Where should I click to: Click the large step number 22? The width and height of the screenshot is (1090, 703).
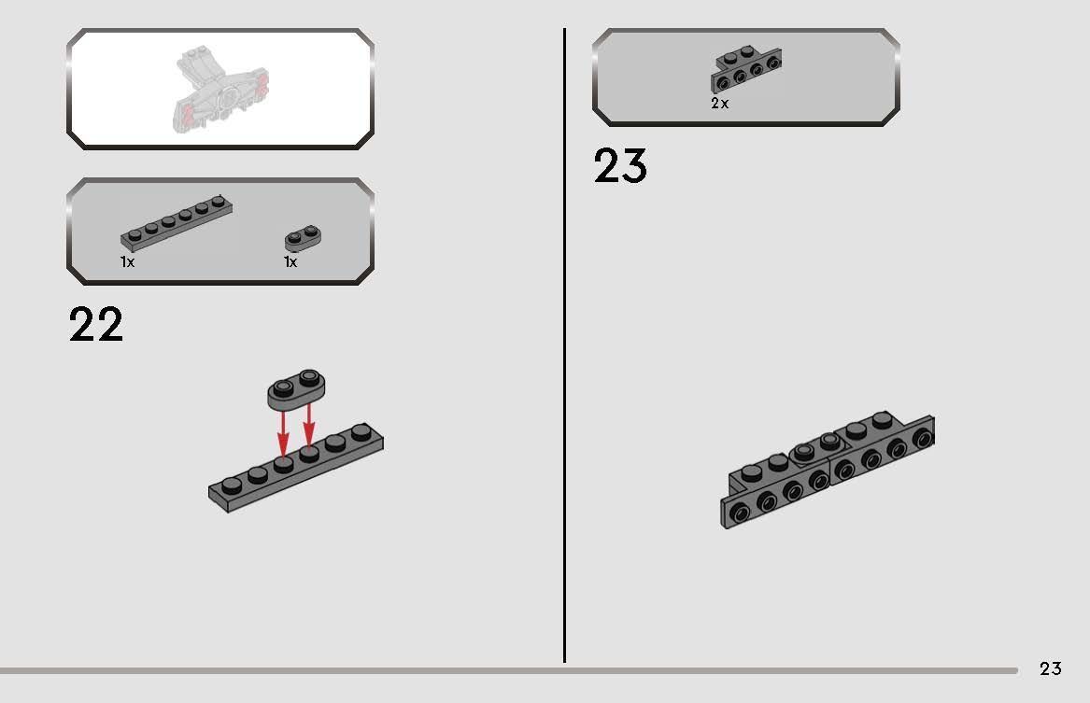(x=95, y=325)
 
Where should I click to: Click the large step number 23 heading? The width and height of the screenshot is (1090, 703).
(x=619, y=167)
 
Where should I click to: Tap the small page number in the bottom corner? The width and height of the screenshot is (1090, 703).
(x=1051, y=668)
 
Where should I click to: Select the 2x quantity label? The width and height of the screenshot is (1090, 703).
(x=719, y=104)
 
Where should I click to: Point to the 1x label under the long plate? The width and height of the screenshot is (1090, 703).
(x=128, y=262)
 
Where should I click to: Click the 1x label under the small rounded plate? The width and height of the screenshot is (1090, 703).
(x=290, y=262)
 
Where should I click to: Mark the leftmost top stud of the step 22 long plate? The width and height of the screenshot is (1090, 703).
(x=232, y=483)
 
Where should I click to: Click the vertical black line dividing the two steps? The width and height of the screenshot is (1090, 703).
(x=564, y=345)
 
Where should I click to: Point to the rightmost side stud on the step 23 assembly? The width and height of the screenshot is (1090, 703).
(x=923, y=437)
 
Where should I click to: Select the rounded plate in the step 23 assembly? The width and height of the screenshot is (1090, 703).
(x=814, y=447)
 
